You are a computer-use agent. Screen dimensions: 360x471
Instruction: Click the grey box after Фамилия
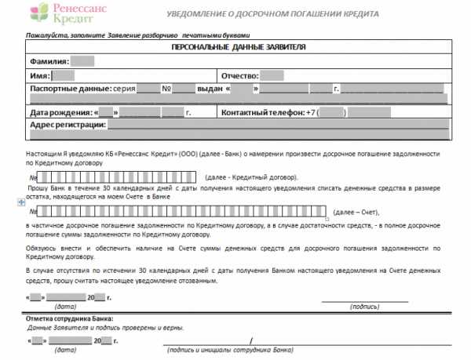[82, 61]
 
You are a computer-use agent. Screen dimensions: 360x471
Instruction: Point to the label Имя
[39, 76]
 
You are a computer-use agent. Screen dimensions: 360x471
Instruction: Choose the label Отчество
[240, 76]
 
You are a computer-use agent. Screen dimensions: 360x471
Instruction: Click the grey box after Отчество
[272, 76]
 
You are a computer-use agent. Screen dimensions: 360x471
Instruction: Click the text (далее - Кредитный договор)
[250, 180]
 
